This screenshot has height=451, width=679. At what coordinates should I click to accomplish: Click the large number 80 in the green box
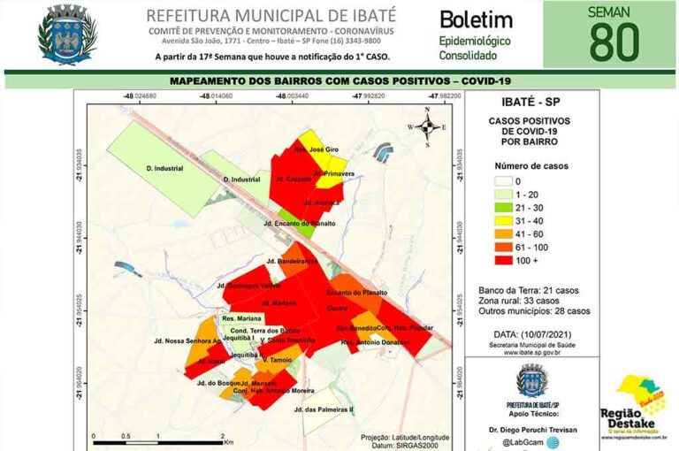click(x=615, y=42)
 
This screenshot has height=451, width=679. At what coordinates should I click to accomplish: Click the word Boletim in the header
click(x=475, y=19)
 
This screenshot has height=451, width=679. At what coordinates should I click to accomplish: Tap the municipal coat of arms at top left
click(x=65, y=34)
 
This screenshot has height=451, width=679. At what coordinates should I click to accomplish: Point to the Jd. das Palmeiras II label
click(x=323, y=409)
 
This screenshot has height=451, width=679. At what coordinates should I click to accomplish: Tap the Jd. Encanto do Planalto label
click(x=300, y=223)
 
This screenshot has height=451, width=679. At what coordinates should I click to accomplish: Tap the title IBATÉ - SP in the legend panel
click(x=529, y=103)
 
